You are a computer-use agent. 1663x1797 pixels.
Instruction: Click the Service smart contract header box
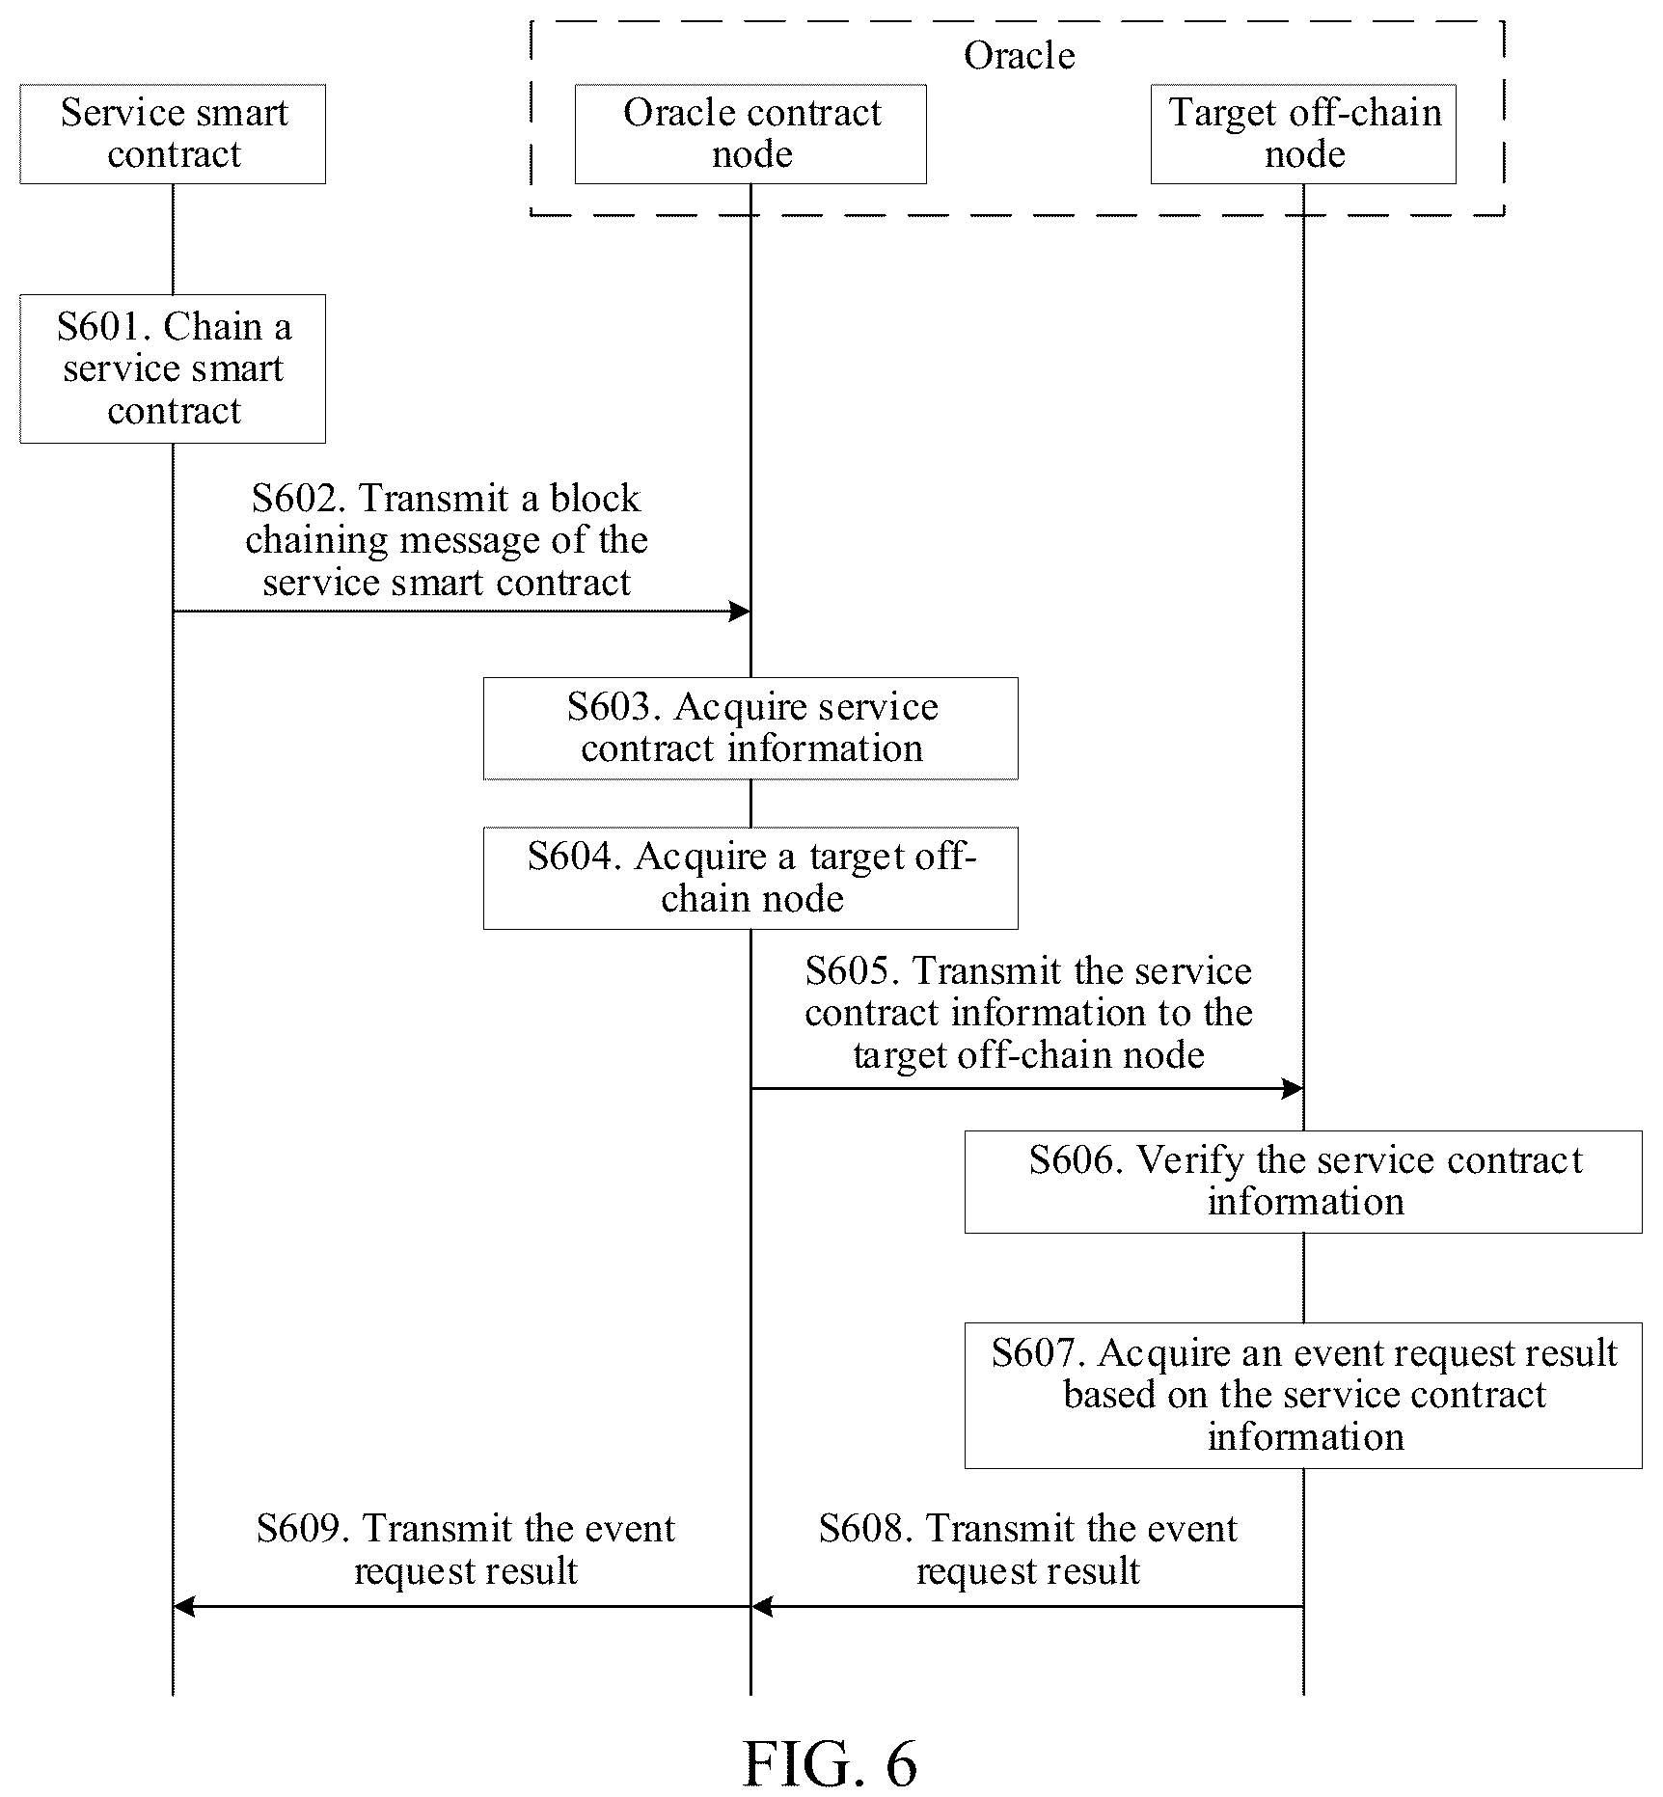173,134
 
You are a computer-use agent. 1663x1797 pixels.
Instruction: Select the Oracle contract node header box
750,134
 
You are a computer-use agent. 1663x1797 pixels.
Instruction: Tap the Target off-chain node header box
1303,134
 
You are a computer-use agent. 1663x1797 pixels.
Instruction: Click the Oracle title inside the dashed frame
1019,56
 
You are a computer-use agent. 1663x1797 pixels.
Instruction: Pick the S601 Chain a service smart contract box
173,368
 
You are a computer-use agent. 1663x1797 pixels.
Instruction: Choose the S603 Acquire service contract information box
750,728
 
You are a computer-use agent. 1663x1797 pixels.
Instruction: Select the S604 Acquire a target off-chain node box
750,878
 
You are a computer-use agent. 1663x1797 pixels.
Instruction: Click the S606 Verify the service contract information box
1303,1182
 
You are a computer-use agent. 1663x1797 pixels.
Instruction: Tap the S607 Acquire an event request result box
1303,1395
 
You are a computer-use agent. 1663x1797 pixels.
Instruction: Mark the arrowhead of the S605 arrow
1294,1089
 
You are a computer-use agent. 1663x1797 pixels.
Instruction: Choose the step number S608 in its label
866,1529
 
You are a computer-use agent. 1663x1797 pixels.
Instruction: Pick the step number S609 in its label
304,1529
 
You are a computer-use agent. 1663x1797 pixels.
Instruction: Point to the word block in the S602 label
594,499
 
